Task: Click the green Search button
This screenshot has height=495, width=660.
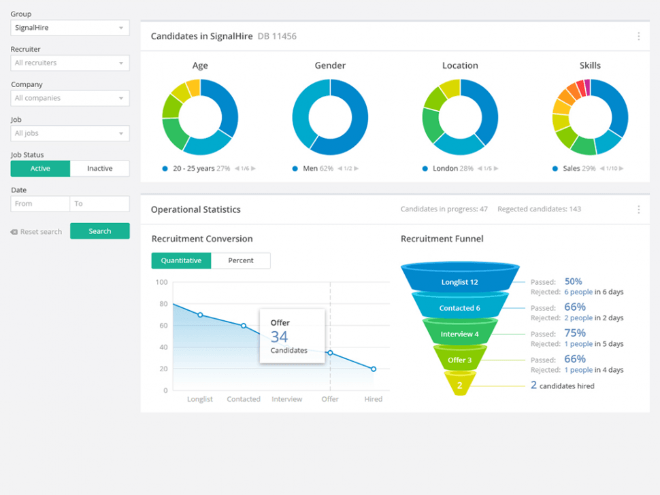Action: point(99,231)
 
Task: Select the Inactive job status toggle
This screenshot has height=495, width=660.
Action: point(99,169)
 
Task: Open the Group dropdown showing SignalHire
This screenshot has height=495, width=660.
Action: point(70,28)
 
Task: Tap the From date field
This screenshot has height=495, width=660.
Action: point(40,204)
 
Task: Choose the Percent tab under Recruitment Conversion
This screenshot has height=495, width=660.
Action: point(241,260)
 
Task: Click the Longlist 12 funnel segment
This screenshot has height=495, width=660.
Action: point(459,281)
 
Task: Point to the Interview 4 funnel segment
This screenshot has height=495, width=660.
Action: point(459,334)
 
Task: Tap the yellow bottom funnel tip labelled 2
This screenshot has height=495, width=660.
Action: point(460,386)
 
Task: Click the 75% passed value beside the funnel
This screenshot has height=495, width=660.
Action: point(575,333)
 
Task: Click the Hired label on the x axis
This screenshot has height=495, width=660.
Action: point(373,399)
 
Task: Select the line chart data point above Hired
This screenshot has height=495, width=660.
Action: point(374,369)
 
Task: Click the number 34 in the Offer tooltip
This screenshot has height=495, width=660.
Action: point(279,337)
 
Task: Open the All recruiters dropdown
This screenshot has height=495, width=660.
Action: point(70,63)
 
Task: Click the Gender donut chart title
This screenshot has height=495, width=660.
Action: point(330,66)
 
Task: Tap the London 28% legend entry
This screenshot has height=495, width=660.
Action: point(452,169)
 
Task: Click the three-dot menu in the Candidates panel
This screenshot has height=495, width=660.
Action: point(638,36)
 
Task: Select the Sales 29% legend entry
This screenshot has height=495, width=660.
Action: point(579,169)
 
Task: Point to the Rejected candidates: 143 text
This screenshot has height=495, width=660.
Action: point(539,209)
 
